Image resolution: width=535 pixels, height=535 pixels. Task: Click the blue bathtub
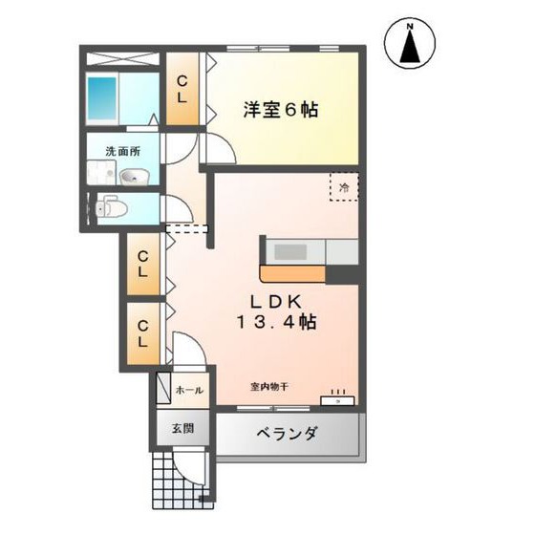[x=101, y=96]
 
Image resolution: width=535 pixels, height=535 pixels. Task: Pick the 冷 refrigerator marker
[x=344, y=187]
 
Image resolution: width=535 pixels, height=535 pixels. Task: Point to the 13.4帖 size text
[x=278, y=323]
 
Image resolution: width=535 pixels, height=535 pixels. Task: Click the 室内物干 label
[x=269, y=386]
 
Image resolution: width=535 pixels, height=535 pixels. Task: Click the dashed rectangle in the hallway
[x=186, y=228]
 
